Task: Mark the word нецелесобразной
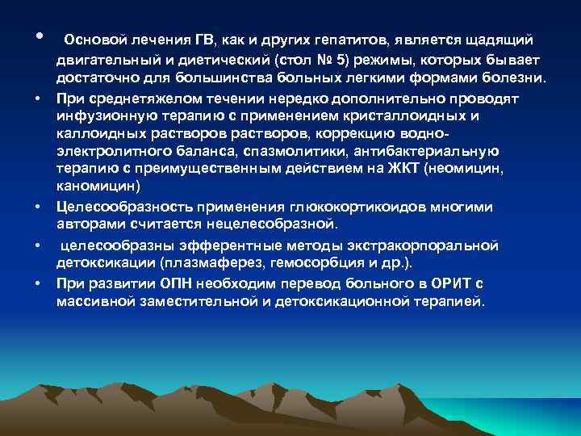[x=283, y=223]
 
